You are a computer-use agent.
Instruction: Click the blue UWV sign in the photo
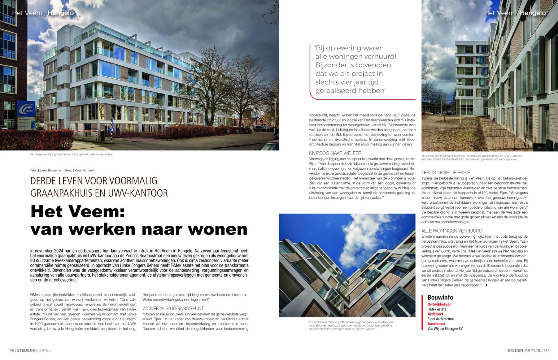[26, 109]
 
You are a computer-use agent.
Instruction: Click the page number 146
[11, 350]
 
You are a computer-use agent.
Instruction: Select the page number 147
[546, 350]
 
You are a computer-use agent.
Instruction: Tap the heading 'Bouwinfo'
[440, 297]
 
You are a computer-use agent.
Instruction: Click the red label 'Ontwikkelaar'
[439, 304]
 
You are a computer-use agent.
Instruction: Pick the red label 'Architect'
[435, 314]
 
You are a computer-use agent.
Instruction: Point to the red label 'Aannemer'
[436, 323]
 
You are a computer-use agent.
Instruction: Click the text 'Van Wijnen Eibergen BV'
[445, 329]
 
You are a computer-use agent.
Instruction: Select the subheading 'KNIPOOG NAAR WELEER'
[335, 153]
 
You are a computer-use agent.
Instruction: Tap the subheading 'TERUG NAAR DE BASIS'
[446, 173]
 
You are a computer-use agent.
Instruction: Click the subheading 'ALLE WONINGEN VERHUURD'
[452, 231]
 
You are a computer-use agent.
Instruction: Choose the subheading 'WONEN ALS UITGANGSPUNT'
[173, 308]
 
